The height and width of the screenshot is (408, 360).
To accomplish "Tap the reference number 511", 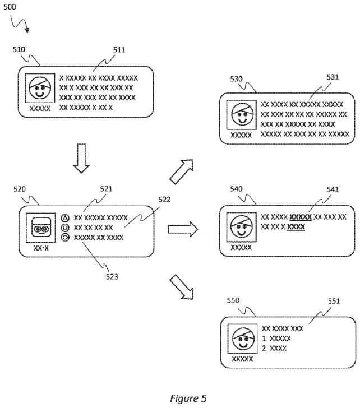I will click(119, 49).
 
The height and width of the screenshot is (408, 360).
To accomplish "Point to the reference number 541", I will click(332, 189).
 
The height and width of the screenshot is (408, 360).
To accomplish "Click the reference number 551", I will click(334, 300).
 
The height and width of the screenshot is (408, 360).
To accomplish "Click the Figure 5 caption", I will click(188, 398).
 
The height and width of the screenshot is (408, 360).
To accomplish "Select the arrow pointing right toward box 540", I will click(183, 229).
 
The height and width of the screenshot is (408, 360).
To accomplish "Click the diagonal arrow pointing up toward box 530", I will click(182, 171).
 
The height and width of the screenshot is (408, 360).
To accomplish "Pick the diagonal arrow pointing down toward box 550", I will click(182, 286).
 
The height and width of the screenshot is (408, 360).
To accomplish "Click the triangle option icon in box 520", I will click(65, 217).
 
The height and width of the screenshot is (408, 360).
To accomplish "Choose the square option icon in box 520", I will click(65, 228).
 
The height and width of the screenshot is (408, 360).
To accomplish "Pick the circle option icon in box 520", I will click(65, 238).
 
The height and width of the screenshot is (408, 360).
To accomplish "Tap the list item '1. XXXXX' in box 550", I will click(276, 339).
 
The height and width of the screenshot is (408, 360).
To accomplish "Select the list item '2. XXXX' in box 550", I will click(274, 348).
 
